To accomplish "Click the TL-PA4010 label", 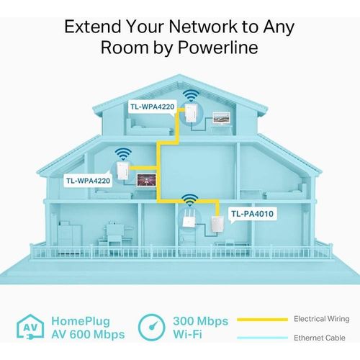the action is [252, 214].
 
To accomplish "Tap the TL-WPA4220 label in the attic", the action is [153, 107].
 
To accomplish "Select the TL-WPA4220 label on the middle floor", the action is [88, 181].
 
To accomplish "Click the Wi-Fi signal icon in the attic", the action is [191, 96].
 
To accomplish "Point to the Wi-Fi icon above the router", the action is [189, 200].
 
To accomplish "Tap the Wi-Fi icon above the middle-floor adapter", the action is [123, 154].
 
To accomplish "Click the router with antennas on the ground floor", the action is [188, 218].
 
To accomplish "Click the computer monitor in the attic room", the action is [222, 118].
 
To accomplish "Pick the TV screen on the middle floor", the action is [146, 180].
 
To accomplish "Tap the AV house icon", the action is [30, 327].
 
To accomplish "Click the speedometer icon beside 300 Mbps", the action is [152, 327].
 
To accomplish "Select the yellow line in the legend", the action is [262, 320].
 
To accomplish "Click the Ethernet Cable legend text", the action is [320, 338].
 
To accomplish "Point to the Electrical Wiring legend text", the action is [322, 319].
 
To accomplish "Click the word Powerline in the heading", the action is [218, 47].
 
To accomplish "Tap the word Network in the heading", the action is [203, 27].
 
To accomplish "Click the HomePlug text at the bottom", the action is [81, 322].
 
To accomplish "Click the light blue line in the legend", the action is [262, 338].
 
